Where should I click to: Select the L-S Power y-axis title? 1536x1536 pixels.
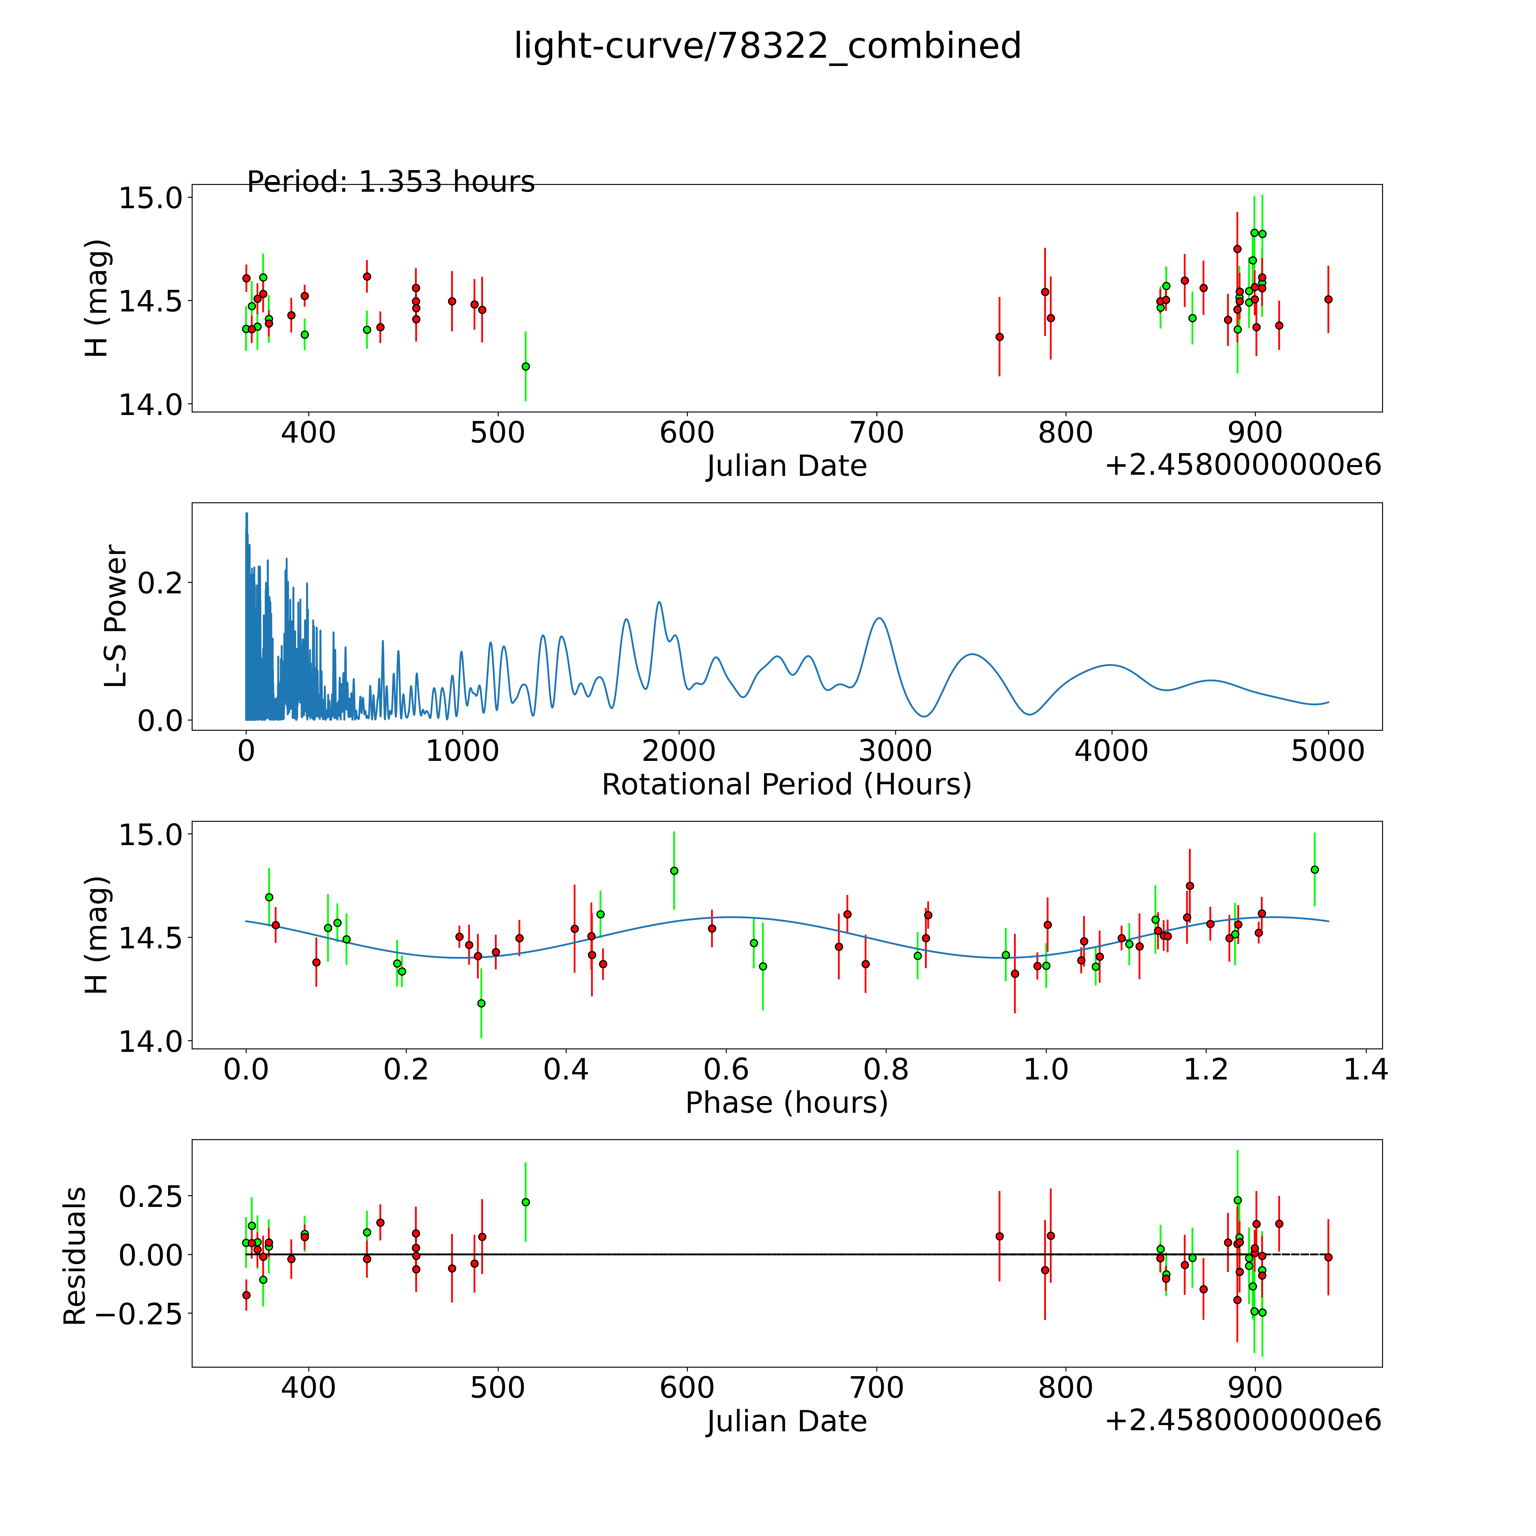[116, 616]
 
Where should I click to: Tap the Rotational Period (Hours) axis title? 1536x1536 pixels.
[786, 785]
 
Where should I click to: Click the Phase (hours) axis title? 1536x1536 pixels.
[786, 1103]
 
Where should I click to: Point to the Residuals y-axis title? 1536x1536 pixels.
[75, 1256]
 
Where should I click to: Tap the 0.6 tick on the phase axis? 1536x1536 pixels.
[726, 1069]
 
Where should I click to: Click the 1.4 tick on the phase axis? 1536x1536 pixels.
[1366, 1069]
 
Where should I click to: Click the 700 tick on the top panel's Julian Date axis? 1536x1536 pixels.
[877, 433]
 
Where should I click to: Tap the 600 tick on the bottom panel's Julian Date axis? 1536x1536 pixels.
[687, 1388]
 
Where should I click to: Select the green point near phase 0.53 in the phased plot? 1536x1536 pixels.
[674, 871]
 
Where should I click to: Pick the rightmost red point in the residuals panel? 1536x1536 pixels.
[1328, 1257]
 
